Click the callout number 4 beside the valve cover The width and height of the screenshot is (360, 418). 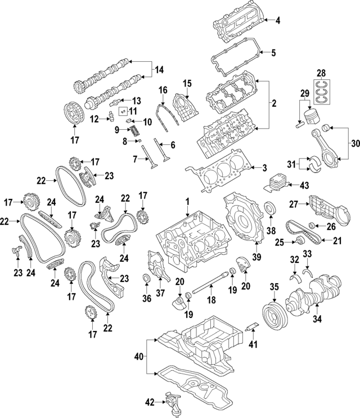[x=278, y=21]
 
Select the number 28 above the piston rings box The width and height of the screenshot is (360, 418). [x=322, y=73]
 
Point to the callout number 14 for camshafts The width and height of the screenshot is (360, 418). [x=159, y=70]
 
